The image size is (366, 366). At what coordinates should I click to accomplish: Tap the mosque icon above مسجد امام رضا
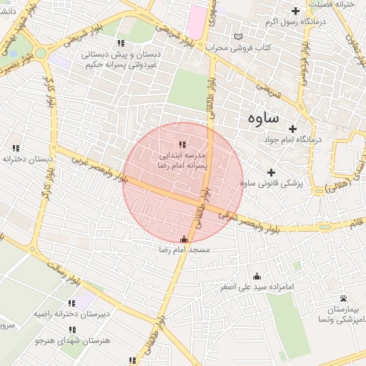pyautogui.click(x=184, y=239)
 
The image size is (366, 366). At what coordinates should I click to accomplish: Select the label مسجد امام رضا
pyautogui.click(x=184, y=250)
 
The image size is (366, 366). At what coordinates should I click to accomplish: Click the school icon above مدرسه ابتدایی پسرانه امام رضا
pyautogui.click(x=181, y=144)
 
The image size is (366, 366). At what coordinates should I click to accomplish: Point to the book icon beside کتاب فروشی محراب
pyautogui.click(x=238, y=36)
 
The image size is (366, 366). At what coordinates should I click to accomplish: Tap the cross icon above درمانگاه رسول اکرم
pyautogui.click(x=296, y=10)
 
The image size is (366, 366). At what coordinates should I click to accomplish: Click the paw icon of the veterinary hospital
pyautogui.click(x=344, y=298)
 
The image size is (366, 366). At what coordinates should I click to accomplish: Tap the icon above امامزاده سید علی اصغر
pyautogui.click(x=257, y=276)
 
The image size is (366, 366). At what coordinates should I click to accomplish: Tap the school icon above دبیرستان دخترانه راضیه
pyautogui.click(x=71, y=302)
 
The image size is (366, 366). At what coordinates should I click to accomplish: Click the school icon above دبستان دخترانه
pyautogui.click(x=16, y=148)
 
